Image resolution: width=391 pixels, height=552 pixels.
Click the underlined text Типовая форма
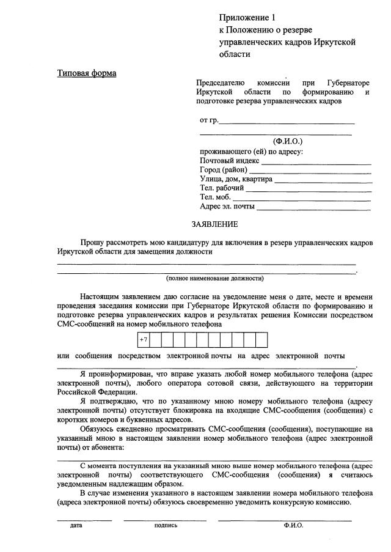click(x=87, y=74)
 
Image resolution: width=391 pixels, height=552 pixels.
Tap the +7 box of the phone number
click(x=144, y=339)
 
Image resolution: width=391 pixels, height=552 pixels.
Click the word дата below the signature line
click(x=76, y=525)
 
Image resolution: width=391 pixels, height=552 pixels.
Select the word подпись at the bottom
click(x=166, y=525)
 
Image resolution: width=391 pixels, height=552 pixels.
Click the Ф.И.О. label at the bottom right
click(x=293, y=525)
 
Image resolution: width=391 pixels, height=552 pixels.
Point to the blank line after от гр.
click(x=287, y=122)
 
